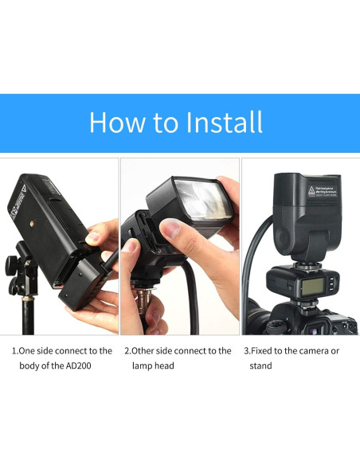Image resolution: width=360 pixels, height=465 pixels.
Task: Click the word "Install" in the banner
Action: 224,123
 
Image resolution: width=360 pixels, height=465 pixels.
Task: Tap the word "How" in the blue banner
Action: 116,123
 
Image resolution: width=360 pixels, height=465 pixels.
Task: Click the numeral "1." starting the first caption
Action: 14,350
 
